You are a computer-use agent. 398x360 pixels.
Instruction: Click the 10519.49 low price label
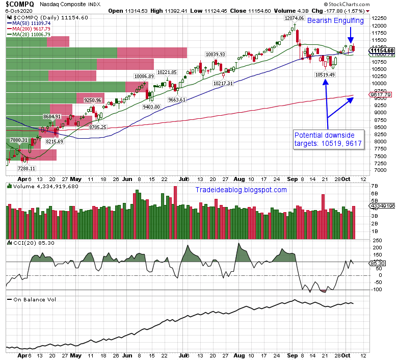(x=325, y=74)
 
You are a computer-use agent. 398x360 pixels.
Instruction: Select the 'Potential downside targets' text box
(x=329, y=140)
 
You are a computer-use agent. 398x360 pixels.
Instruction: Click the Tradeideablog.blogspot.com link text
(x=241, y=190)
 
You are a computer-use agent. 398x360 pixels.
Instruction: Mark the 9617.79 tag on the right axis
(x=381, y=95)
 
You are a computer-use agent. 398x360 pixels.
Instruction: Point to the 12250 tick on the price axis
(x=378, y=18)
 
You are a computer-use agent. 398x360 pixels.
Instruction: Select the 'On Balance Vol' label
(x=34, y=299)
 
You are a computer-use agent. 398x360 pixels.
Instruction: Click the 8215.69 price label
(x=53, y=141)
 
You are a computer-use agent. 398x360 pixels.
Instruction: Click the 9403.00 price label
(x=151, y=107)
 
